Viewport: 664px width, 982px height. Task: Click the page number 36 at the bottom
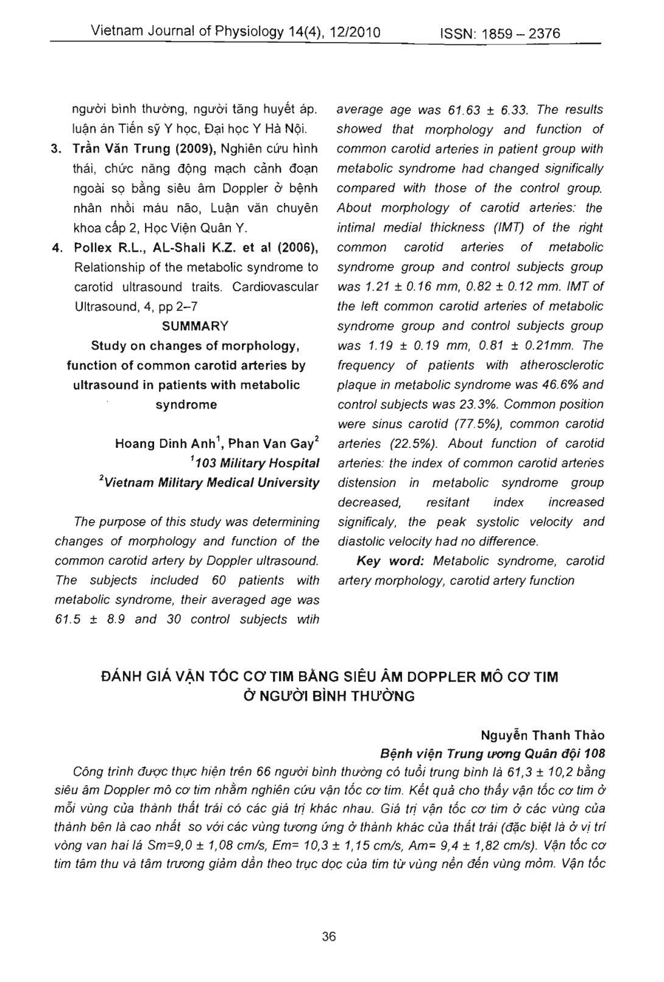pyautogui.click(x=329, y=936)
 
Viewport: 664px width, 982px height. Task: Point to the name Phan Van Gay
pyautogui.click(x=277, y=444)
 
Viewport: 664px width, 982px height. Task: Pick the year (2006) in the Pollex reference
pyautogui.click(x=297, y=247)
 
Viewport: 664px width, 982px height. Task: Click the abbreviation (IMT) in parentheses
pyautogui.click(x=487, y=228)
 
